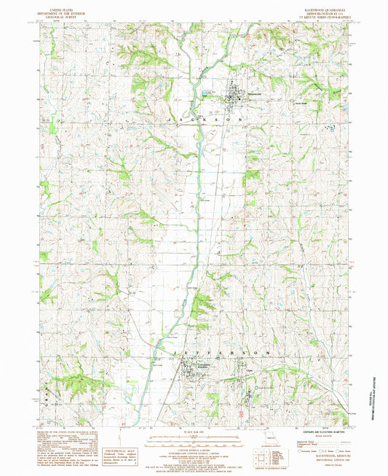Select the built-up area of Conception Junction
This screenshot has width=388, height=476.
(191, 375)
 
